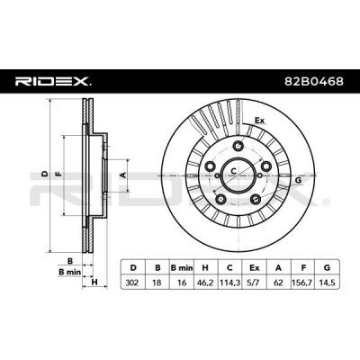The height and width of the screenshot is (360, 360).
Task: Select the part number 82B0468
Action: click(314, 81)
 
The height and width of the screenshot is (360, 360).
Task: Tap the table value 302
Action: click(133, 283)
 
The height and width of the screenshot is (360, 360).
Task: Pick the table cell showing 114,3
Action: click(229, 283)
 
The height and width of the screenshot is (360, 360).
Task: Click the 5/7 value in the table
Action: click(255, 283)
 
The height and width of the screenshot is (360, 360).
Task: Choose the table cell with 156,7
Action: click(303, 283)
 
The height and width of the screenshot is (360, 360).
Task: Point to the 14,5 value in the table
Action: click(328, 283)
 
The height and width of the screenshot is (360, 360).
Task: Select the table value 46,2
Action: click(205, 283)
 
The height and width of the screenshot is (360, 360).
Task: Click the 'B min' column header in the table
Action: click(182, 267)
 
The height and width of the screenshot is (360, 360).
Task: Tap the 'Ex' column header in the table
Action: click(255, 267)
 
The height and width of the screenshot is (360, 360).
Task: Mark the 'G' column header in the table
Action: click(328, 267)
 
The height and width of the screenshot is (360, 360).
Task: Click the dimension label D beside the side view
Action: click(45, 174)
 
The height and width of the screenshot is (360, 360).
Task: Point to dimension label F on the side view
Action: click(58, 174)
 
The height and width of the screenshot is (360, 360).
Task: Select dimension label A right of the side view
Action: click(122, 175)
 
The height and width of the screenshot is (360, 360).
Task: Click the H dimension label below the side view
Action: click(94, 282)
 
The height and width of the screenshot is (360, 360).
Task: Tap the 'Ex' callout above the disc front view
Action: click(260, 121)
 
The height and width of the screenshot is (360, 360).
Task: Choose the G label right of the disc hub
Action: click(298, 180)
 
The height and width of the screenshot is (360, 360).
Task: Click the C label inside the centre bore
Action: click(233, 171)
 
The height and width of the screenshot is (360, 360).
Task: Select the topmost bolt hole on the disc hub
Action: click(238, 146)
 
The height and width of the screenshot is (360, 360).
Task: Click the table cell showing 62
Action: click(278, 283)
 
